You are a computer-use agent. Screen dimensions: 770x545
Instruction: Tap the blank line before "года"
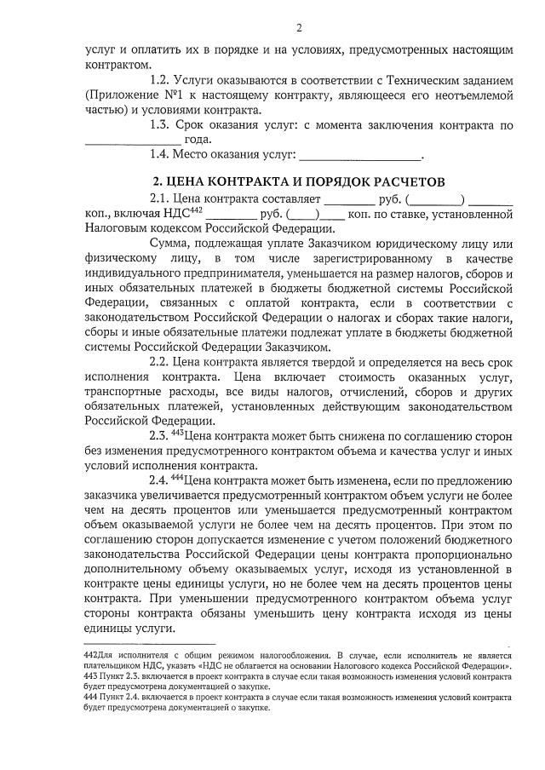[133, 141]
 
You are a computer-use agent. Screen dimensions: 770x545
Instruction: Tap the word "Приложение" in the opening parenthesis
[126, 95]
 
